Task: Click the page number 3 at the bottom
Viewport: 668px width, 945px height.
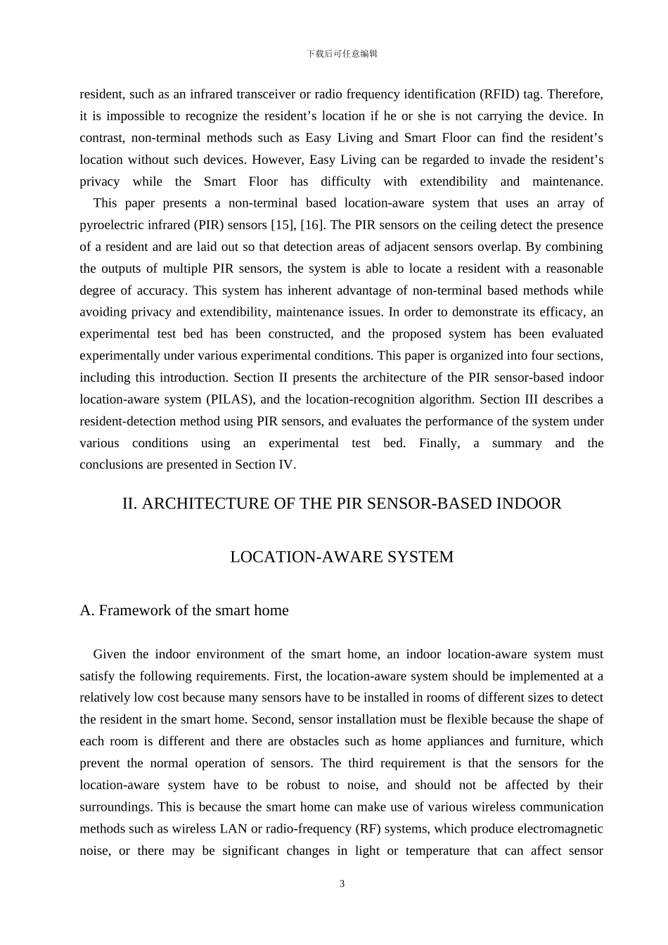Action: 342,884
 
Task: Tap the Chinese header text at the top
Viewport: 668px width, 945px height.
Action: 342,54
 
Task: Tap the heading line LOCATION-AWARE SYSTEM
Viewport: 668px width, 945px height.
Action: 342,557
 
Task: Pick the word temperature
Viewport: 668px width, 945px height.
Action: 437,851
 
